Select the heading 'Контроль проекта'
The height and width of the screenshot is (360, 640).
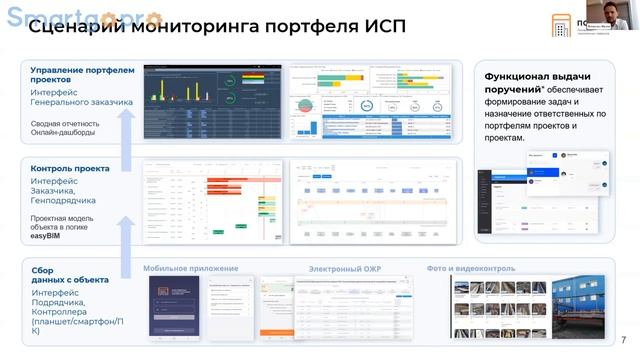coord(71,169)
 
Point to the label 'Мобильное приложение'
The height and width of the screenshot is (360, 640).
coord(190,268)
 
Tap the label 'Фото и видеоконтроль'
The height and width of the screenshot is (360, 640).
coord(470,268)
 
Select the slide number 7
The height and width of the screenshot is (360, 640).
coord(624,339)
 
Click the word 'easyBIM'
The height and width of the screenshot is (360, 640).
coord(48,238)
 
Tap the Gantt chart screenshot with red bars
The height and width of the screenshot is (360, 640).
coord(211,201)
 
